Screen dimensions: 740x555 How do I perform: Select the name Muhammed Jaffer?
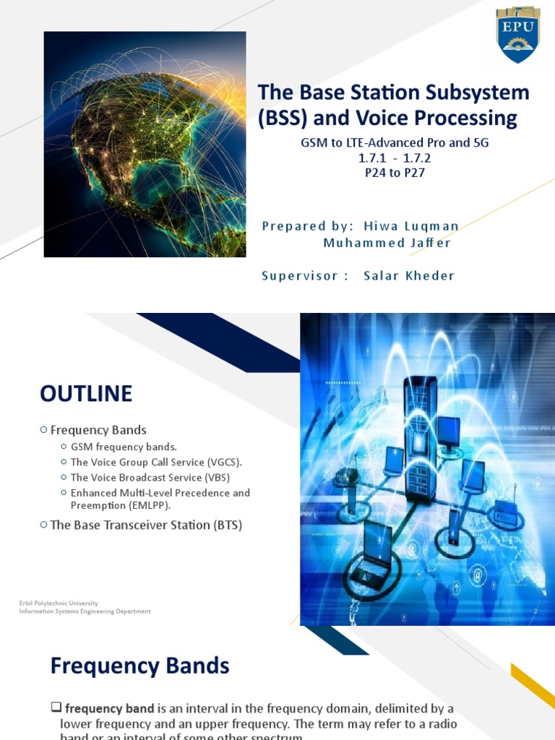coord(387,243)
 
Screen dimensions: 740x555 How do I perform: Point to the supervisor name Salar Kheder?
coord(409,275)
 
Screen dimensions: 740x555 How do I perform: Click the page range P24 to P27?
coord(394,173)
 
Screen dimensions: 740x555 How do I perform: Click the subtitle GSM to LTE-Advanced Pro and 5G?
coord(395,142)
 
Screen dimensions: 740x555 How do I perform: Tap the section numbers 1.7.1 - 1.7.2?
coord(395,158)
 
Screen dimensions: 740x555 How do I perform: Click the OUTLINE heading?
coord(86,394)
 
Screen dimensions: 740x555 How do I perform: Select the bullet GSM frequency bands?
coord(124,447)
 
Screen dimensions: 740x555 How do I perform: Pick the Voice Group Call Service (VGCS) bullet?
coord(156,462)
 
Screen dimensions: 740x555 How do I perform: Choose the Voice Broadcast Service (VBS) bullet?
coord(150,477)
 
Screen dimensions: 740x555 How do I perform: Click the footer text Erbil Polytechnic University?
coord(59,603)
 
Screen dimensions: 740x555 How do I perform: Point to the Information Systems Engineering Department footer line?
coord(85,611)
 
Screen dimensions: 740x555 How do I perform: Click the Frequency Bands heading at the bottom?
coord(139,666)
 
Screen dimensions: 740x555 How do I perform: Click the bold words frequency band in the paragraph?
coord(110,708)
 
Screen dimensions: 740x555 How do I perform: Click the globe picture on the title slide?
coord(145,145)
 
